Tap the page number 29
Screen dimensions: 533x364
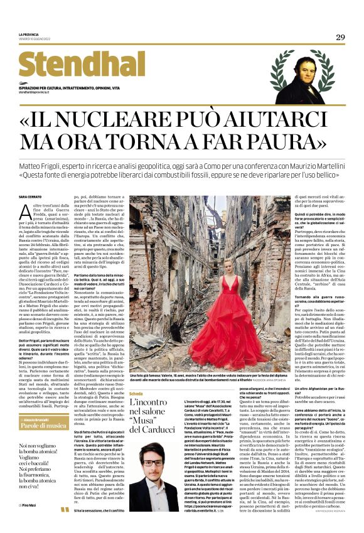coord(340,38)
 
